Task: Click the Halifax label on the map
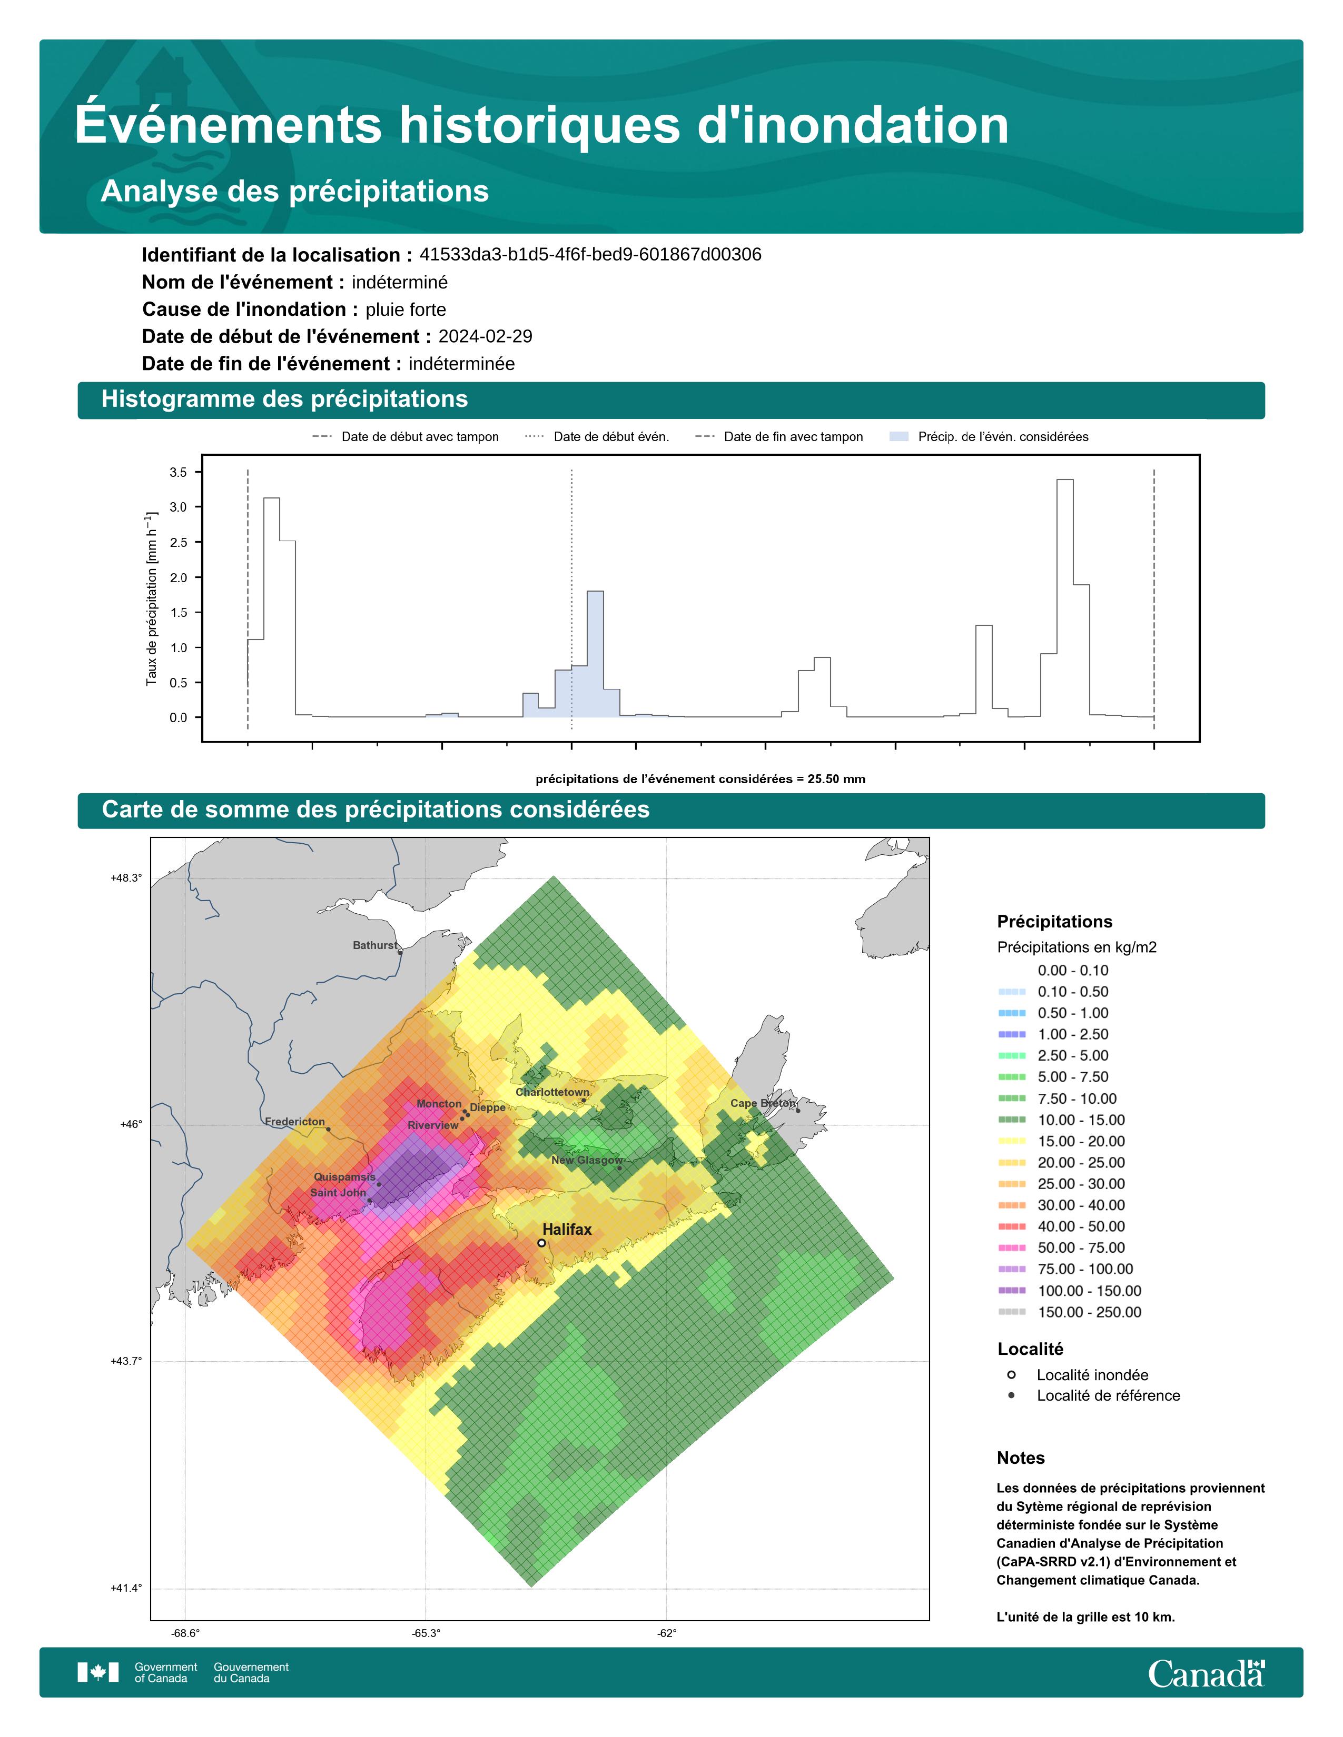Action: click(567, 1230)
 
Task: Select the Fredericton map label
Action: click(294, 1121)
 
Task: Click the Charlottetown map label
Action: click(552, 1092)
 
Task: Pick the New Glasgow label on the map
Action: click(587, 1161)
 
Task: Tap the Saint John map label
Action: click(338, 1192)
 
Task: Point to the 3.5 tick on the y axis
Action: click(178, 473)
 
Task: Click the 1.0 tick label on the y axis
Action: click(178, 647)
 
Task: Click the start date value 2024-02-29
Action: click(486, 336)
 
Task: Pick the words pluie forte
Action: click(406, 310)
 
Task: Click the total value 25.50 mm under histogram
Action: click(836, 780)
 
